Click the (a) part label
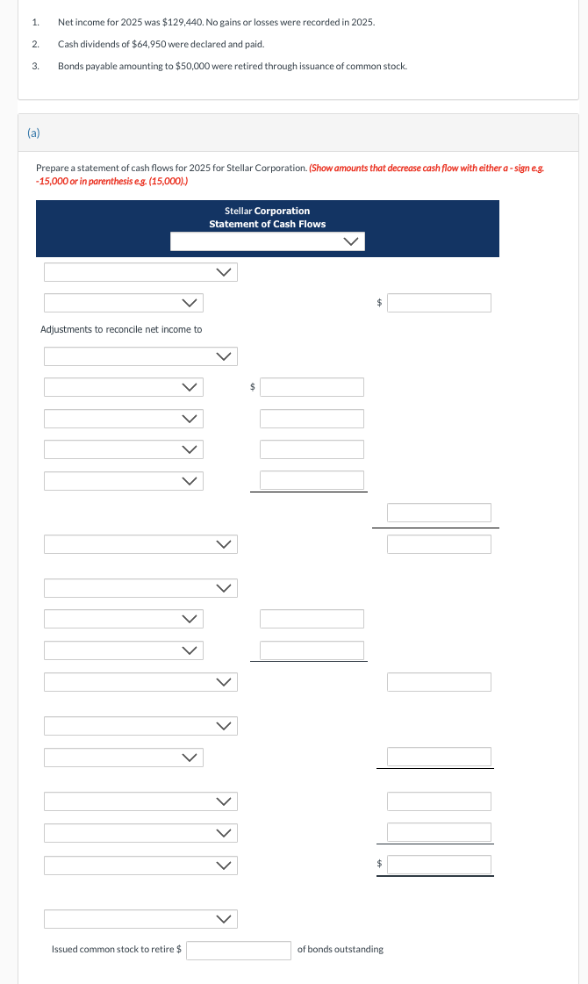[x=33, y=133]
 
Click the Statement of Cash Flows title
[x=267, y=224]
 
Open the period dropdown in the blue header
[x=267, y=241]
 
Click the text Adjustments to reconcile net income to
[x=121, y=329]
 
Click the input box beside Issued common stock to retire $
[x=238, y=950]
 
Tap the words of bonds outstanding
[x=340, y=950]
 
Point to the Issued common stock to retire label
[x=116, y=950]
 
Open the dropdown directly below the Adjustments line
[x=140, y=356]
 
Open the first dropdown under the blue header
[x=140, y=272]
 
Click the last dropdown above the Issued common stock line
[x=140, y=919]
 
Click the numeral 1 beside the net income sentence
[x=34, y=21]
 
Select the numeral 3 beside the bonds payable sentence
[x=34, y=67]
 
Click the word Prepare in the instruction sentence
[x=51, y=167]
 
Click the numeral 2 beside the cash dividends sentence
[x=34, y=44]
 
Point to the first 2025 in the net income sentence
[x=118, y=21]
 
